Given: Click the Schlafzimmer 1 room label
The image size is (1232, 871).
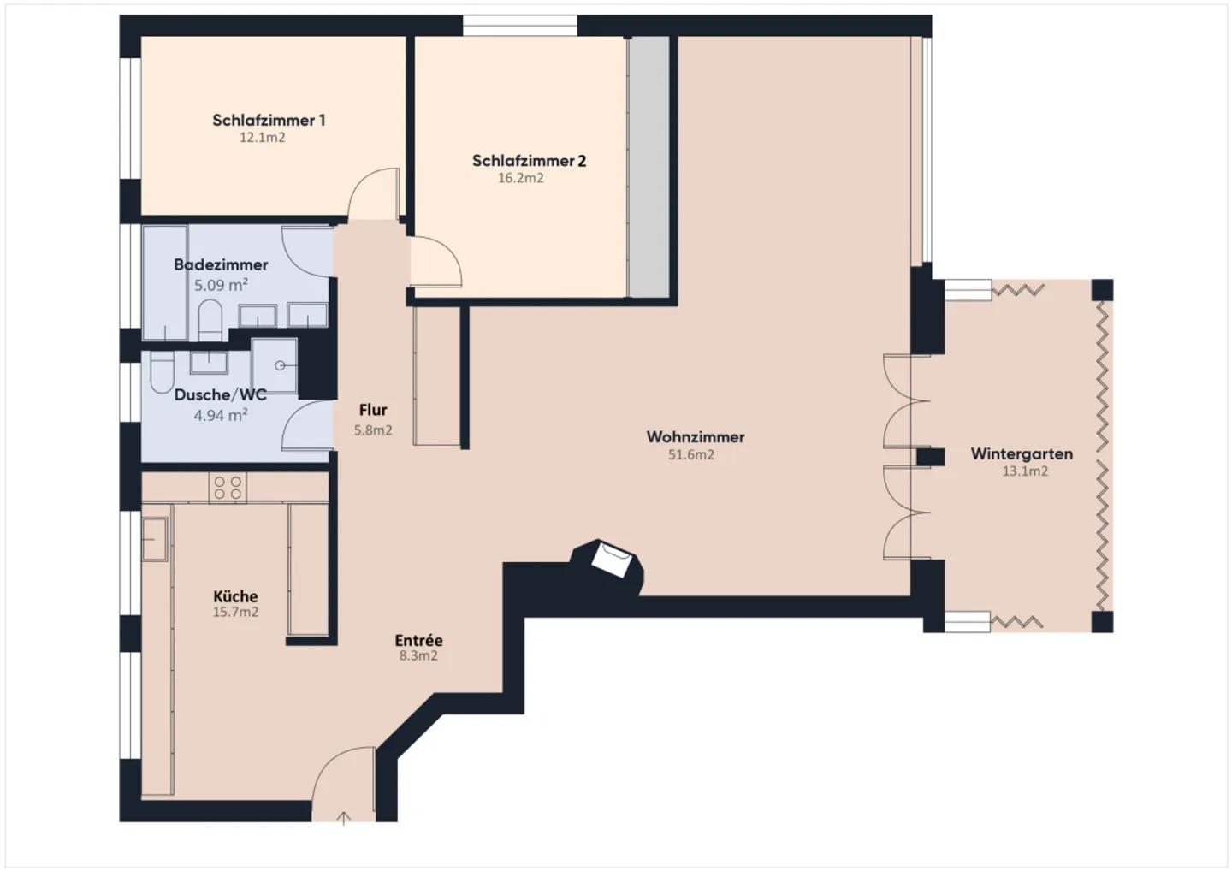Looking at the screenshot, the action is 269,121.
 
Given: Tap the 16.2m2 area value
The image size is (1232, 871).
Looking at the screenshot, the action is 521,178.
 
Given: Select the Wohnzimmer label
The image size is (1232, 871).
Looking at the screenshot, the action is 696,437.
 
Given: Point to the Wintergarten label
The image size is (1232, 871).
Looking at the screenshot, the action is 1022,454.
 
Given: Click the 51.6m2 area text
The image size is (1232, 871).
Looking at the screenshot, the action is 691,454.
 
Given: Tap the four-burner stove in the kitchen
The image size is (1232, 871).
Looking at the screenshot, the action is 228,487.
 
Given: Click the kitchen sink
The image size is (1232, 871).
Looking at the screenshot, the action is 155,539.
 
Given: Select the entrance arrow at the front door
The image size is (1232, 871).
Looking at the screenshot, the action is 344,818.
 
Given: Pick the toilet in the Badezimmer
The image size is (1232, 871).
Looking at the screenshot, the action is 210,320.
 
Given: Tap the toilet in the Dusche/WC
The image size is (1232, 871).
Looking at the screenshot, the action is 162,371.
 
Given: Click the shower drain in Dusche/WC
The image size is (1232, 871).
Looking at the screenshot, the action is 280,365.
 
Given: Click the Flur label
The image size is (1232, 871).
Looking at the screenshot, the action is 373,410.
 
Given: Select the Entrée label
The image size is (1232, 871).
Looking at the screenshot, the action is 418,641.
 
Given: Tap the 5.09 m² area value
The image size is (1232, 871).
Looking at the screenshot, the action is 221,285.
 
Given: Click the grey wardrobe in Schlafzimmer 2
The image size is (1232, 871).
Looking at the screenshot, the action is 649,167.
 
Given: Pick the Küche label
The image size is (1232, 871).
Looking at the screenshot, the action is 235,596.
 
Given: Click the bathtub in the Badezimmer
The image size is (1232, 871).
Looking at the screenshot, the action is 165,283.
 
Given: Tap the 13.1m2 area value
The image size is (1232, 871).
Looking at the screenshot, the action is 1025,471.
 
